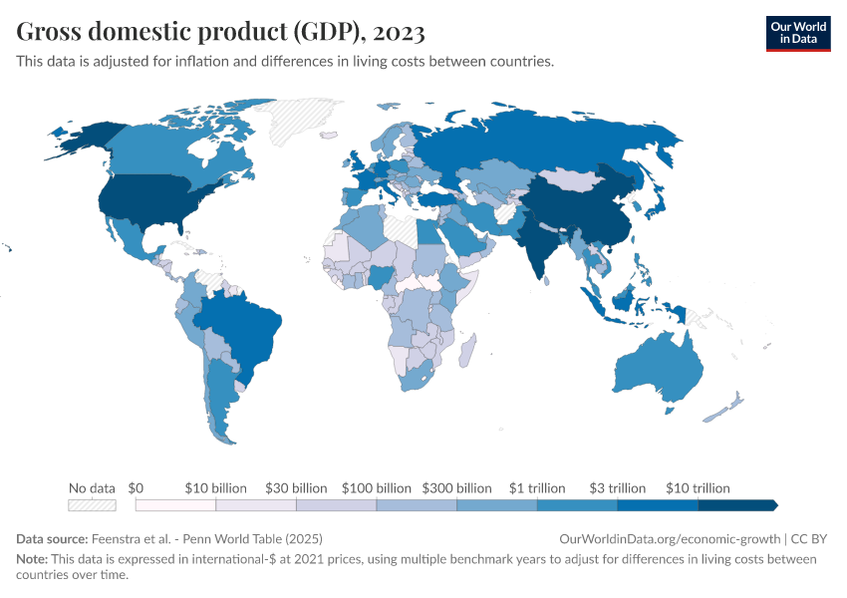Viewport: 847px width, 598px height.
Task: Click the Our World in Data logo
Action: pos(797,32)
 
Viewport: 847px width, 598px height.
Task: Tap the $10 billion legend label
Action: pos(215,488)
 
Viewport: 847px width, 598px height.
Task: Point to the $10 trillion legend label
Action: pos(698,488)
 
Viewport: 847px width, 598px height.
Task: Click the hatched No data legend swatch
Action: pos(92,505)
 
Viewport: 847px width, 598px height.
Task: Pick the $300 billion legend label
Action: pos(457,488)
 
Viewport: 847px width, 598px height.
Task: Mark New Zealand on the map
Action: pos(725,407)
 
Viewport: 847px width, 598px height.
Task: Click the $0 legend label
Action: pos(137,488)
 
